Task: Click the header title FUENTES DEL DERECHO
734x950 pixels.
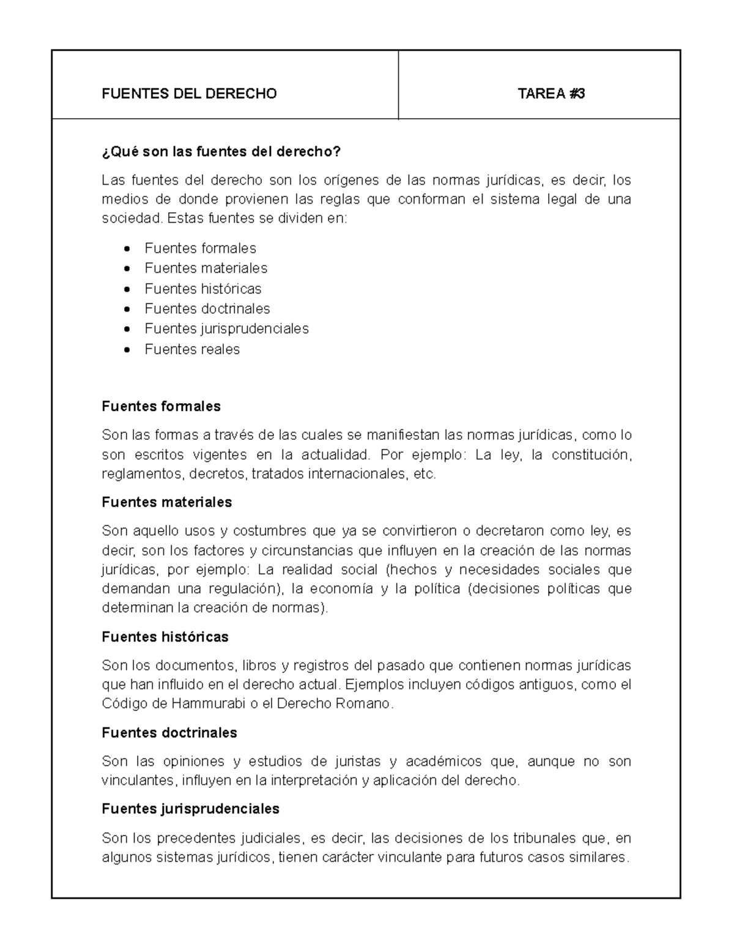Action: pyautogui.click(x=189, y=94)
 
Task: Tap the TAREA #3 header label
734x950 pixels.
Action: pyautogui.click(x=551, y=94)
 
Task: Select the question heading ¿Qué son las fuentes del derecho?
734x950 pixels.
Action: pyautogui.click(x=220, y=151)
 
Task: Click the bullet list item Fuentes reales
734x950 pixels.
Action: pyautogui.click(x=192, y=349)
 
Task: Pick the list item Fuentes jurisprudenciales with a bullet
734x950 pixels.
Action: pyautogui.click(x=226, y=328)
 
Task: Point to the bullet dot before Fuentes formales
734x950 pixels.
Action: pyautogui.click(x=126, y=249)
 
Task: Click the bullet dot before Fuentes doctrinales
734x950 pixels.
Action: pyautogui.click(x=126, y=310)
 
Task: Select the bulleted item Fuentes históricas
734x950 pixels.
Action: pyautogui.click(x=202, y=289)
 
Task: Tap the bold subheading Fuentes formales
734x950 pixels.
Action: pyautogui.click(x=161, y=406)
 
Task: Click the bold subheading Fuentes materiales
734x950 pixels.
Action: pyautogui.click(x=166, y=502)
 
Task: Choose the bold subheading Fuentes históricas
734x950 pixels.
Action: pyautogui.click(x=165, y=637)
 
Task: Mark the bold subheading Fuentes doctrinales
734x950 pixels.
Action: pyautogui.click(x=169, y=733)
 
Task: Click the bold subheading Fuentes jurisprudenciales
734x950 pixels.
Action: pyautogui.click(x=190, y=809)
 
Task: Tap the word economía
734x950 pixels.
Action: pyautogui.click(x=341, y=589)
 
